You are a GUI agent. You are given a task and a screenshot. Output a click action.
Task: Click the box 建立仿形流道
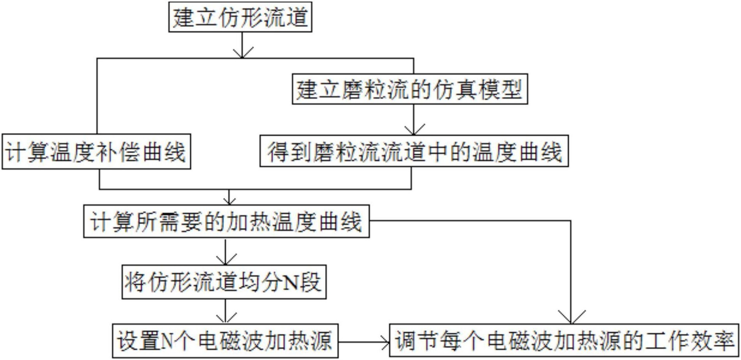click(x=240, y=17)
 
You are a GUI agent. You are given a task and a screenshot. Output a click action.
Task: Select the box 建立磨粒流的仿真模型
click(x=410, y=89)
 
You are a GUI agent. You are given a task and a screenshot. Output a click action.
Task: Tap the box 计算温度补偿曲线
click(x=96, y=151)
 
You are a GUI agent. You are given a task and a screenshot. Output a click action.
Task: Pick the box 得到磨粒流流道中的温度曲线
click(x=414, y=151)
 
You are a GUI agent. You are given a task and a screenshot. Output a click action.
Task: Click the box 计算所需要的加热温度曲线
click(x=226, y=221)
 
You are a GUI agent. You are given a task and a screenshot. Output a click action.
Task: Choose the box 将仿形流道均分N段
click(x=224, y=282)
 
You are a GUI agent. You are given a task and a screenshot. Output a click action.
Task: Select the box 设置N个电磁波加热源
click(x=225, y=340)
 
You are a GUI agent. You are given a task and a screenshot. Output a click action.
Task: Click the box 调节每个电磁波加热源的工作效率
click(x=564, y=340)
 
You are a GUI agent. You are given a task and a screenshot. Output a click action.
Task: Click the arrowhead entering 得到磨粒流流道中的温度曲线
click(x=414, y=130)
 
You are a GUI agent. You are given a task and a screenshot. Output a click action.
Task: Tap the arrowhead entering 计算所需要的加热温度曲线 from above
click(x=229, y=200)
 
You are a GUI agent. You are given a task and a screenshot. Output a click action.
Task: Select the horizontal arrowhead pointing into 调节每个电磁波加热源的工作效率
click(x=385, y=342)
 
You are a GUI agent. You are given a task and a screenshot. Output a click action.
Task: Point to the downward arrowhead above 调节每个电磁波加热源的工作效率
click(x=571, y=317)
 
